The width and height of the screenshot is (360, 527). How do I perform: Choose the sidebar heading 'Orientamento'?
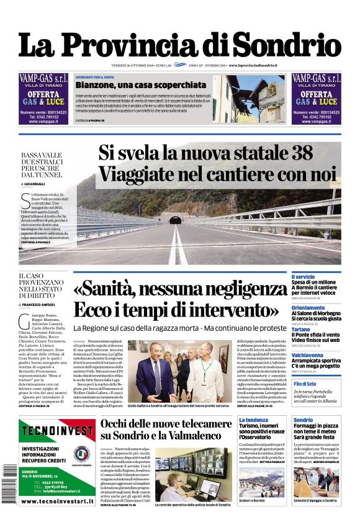[308, 308]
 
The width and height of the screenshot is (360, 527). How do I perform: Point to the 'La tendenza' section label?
[253, 420]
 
